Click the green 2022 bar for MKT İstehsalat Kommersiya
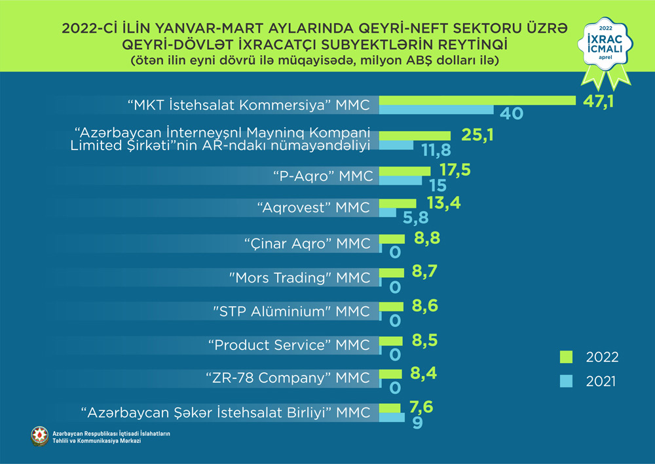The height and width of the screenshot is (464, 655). (477, 100)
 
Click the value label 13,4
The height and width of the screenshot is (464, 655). (442, 203)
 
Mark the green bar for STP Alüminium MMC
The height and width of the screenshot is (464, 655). (392, 306)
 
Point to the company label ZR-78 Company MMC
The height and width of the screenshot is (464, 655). (289, 378)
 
